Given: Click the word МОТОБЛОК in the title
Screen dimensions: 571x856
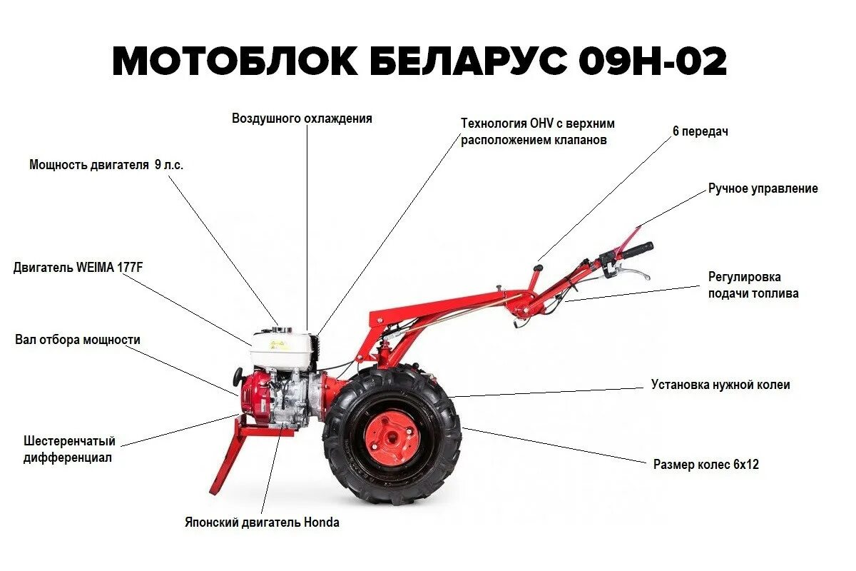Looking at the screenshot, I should (x=235, y=62).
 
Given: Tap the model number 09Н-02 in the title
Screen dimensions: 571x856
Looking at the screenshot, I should (x=652, y=62).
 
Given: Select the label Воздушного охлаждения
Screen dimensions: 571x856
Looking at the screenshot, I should (x=302, y=118).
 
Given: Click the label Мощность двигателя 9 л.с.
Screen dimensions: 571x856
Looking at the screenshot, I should (x=106, y=165).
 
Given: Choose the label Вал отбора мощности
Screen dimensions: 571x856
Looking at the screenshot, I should (x=78, y=340).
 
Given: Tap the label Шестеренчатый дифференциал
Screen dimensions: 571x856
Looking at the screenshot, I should (x=68, y=450).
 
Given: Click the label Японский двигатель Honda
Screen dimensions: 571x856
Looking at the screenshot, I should (x=262, y=522).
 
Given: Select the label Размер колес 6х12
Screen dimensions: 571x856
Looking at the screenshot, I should (x=705, y=465).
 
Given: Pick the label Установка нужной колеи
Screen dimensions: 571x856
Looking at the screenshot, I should (x=720, y=385).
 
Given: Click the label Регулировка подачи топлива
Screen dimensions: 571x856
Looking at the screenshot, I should (x=753, y=285).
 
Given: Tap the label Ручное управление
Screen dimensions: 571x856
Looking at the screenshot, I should (x=763, y=189).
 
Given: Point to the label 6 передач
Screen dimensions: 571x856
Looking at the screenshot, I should (x=700, y=132).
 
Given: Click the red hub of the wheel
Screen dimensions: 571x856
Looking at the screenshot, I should (x=391, y=436).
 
